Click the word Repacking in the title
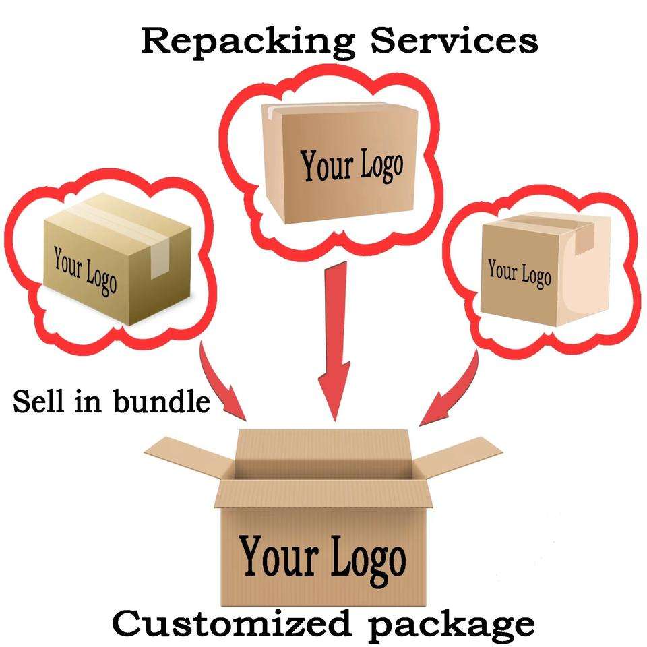248,42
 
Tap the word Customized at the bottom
231,623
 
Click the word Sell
39,400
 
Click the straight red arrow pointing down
335,342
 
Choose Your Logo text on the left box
85,270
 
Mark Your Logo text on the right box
519,272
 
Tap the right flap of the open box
458,457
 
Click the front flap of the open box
323,494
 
